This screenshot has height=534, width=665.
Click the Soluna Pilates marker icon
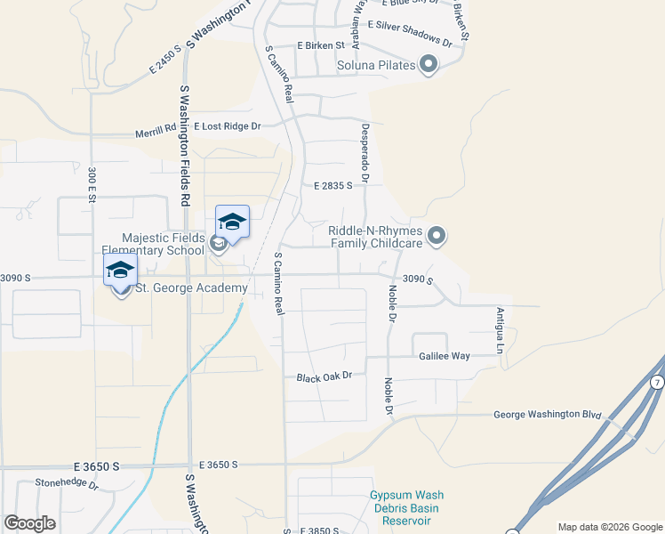pos(429,65)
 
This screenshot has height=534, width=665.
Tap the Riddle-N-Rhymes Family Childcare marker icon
pos(436,236)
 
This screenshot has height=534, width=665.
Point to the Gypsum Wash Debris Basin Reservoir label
pos(406,507)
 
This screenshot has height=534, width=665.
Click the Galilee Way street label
pos(445,356)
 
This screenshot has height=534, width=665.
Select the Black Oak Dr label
pos(331,376)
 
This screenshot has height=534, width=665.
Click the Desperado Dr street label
pos(365,149)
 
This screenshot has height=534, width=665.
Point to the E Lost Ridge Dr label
pos(228,127)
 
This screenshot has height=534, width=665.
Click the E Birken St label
pos(321,45)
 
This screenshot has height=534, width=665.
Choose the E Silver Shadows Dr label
pos(410,31)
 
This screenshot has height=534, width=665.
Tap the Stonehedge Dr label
pos(67,485)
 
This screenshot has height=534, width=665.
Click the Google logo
pos(29,522)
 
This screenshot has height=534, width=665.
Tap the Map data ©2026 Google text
pos(609,527)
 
